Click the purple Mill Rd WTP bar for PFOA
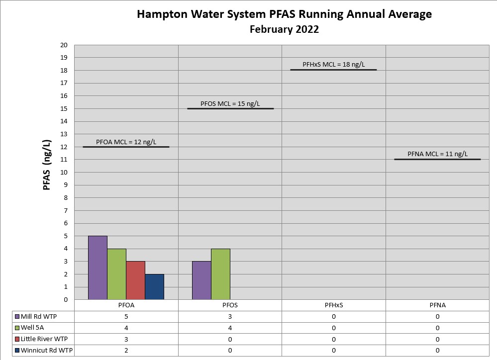[98, 268]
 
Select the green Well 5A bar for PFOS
[220, 274]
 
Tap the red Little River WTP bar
[135, 280]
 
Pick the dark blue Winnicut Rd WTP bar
[154, 287]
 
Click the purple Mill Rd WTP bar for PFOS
[201, 280]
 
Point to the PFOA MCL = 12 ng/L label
[126, 142]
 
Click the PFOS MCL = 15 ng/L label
[230, 104]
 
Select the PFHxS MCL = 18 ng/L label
[333, 65]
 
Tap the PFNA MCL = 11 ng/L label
[437, 154]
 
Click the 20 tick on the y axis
[64, 45]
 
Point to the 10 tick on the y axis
[64, 173]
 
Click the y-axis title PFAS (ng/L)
[47, 165]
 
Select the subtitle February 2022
[284, 29]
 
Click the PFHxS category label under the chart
[333, 305]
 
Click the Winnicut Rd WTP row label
[47, 351]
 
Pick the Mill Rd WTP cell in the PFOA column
[126, 317]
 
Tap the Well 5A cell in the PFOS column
[230, 328]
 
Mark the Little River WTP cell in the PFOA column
[126, 339]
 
